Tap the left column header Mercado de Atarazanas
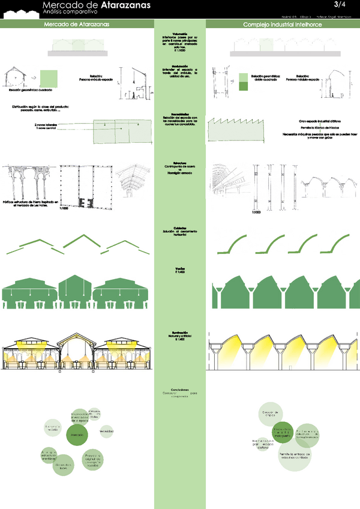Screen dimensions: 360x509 pos(76,25)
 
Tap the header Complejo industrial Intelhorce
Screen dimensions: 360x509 pos(282,25)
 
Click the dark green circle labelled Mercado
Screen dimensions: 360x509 pos(77,435)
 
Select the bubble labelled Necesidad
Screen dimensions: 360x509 pos(107,431)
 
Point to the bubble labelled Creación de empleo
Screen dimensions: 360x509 pos(271,414)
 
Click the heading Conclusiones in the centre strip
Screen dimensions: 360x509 pos(180,390)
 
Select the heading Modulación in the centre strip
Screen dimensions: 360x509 pos(180,65)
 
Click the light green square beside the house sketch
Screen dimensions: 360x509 pos(49,79)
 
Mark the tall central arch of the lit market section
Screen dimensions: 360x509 pos(76,348)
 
